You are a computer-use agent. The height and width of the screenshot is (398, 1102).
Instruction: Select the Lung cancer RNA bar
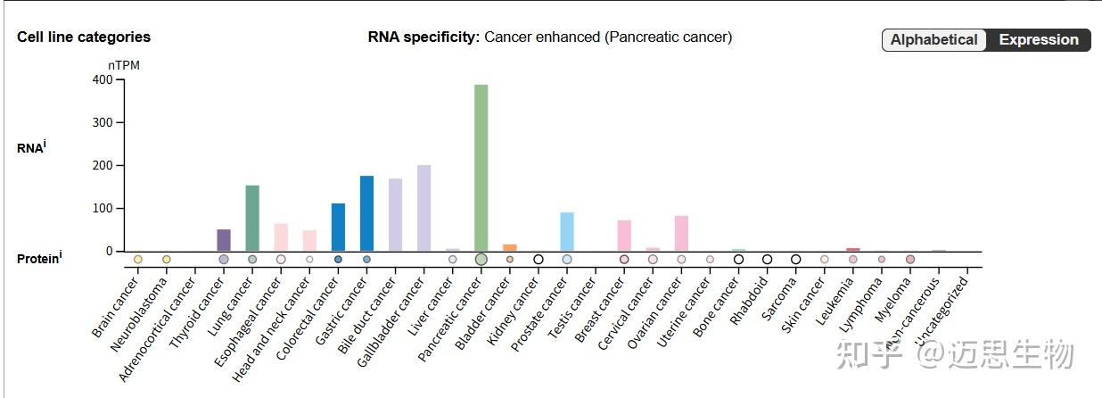tap(252, 218)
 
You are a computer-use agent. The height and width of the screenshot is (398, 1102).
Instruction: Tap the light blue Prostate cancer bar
tap(566, 231)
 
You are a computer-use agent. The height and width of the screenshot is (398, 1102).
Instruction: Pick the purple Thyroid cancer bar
tap(224, 240)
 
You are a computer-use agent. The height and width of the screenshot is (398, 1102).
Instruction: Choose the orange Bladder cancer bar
tap(509, 247)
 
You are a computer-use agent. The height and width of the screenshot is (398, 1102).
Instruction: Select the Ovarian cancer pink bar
tap(681, 233)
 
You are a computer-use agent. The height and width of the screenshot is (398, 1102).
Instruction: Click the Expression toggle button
tap(1038, 39)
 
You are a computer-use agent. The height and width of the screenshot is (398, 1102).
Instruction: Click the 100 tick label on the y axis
tap(103, 208)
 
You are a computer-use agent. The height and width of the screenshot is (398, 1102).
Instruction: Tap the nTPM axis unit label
tap(124, 65)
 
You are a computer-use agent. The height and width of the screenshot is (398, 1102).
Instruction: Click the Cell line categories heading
tap(84, 37)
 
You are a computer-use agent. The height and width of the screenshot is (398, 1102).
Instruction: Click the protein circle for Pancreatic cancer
tap(481, 259)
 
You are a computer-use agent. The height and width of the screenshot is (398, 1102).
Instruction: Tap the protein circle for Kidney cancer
tap(538, 259)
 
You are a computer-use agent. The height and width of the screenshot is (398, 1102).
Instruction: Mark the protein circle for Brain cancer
tap(138, 259)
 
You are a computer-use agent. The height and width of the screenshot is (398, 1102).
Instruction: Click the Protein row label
tap(37, 259)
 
